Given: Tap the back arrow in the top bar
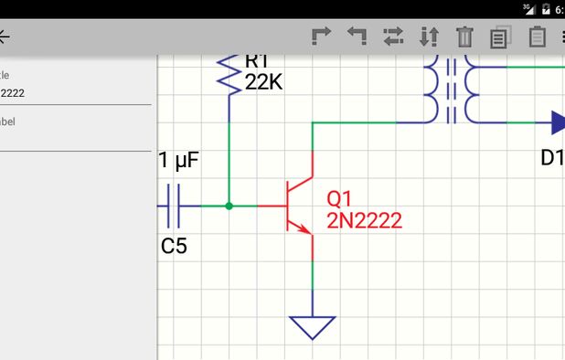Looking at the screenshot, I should pos(5,37).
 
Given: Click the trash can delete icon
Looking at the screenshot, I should pos(465,37).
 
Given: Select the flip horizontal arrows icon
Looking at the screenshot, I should pos(393,37).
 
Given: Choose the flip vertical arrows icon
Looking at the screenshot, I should pos(429,37).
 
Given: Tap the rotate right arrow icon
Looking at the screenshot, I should pos(321,37).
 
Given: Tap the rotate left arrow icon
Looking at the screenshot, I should pos(357,37).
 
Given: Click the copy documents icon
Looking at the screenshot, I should pos(500,37).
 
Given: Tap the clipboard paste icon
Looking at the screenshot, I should pos(538,37).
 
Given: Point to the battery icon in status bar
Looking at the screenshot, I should pos(547,8).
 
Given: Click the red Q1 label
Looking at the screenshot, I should pos(339,198).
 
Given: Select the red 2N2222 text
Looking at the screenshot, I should pos(364,220).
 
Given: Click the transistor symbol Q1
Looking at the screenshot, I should pos(298,206).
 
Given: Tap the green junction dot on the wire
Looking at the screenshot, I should pos(229,206).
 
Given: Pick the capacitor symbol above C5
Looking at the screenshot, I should pos(176,206).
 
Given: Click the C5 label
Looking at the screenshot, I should pos(174,245).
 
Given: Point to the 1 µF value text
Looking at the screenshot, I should pos(178,162).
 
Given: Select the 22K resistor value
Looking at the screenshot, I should pos(264,82).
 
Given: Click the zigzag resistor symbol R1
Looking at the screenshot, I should pos(228,73).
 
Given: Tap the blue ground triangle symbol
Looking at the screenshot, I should pos(313,326).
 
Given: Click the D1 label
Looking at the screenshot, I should pos(552,157).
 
